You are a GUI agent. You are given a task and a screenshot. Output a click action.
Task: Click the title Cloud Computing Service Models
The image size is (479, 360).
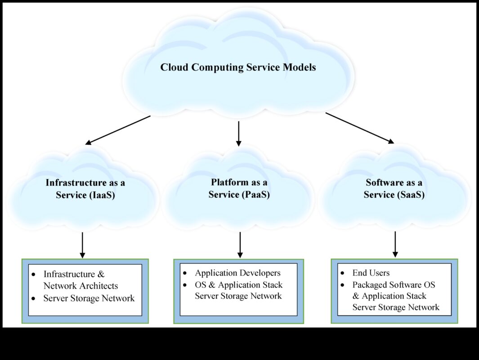pos(238,67)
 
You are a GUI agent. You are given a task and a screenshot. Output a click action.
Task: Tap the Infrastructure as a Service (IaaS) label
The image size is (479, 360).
pos(85,189)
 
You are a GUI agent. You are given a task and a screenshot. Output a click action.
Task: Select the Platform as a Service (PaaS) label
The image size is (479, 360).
pos(239,189)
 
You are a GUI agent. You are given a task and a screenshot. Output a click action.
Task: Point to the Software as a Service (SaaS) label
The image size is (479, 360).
pos(394,189)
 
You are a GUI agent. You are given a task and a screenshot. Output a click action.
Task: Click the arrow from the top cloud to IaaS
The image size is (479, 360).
pos(118,130)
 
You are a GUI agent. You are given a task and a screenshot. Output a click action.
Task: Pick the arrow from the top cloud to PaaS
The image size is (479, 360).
pos(239,133)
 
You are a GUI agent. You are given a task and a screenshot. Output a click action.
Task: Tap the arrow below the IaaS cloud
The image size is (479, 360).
pos(82,245)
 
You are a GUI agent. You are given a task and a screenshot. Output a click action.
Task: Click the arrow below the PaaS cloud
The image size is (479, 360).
pos(240,245)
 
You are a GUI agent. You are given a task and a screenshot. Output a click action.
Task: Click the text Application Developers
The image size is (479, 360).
pos(237,273)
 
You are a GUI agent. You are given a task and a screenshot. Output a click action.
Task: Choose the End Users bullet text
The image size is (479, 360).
pos(371,273)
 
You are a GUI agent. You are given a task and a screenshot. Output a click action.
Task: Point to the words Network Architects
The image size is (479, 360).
pos(81,286)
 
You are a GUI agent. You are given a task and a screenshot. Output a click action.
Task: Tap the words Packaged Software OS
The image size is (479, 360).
pos(394,285)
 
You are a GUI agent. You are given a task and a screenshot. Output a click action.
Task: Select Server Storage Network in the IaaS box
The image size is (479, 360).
pos(89,298)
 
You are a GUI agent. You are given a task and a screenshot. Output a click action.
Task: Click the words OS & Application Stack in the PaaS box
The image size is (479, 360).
pos(238,285)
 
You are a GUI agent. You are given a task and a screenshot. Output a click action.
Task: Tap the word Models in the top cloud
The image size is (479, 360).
pos(299,67)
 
